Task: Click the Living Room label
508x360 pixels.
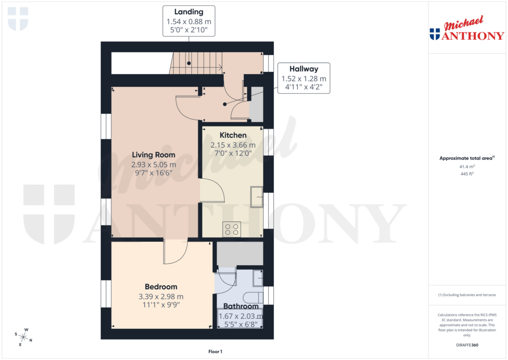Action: [153, 155]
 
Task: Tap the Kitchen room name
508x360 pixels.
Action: [233, 135]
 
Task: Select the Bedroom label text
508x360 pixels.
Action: [161, 287]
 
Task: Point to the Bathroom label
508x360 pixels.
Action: [241, 306]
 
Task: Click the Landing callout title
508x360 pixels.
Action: [189, 11]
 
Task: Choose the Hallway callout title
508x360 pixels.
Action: [304, 69]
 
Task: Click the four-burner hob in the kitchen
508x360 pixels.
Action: [232, 229]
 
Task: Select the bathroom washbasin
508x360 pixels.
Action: [257, 278]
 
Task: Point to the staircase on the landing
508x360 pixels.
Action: [196, 64]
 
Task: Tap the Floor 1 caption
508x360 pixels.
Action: [215, 352]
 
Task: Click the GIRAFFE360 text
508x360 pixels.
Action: [466, 345]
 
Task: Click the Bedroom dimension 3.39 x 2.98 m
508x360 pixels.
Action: [161, 296]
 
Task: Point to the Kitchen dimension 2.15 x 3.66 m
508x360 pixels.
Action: [233, 145]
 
